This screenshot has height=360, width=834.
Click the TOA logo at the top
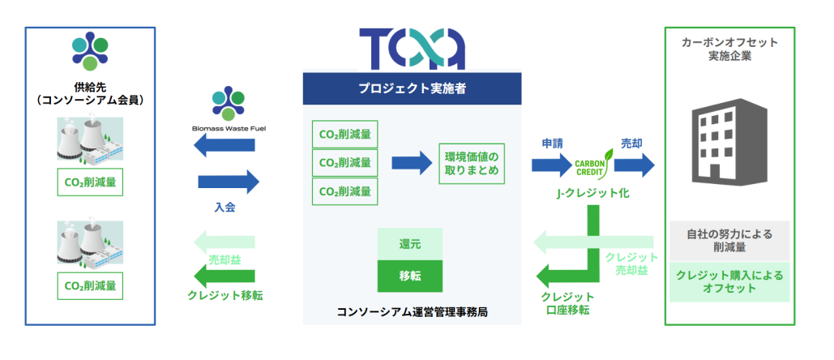[x=413, y=49]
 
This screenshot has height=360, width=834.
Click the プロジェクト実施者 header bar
[x=413, y=88]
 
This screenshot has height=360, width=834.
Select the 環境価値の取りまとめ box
[x=474, y=163]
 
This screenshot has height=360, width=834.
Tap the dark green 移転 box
[x=410, y=276]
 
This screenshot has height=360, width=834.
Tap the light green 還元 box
[x=410, y=244]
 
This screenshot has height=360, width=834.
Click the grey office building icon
[x=724, y=143]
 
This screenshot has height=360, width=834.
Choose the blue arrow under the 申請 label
[x=552, y=165]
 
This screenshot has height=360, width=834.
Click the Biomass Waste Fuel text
[x=228, y=128]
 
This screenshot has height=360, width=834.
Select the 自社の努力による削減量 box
[x=730, y=240]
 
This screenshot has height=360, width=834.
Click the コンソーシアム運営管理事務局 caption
[x=413, y=312]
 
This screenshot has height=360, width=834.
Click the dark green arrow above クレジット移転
[x=228, y=272]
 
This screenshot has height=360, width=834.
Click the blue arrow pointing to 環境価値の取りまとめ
[x=412, y=163]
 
